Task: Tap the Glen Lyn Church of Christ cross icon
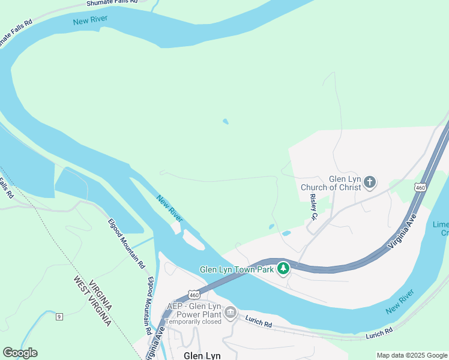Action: [x=370, y=182]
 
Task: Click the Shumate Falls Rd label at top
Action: [x=112, y=3]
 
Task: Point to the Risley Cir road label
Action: [x=313, y=206]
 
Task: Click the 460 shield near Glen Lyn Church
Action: [x=420, y=188]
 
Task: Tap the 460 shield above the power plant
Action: [x=193, y=295]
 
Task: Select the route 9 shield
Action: [x=59, y=316]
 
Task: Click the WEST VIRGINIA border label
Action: [x=90, y=301]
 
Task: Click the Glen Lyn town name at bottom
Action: [x=202, y=355]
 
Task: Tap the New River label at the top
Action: [x=90, y=21]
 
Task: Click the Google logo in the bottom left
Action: [x=20, y=353]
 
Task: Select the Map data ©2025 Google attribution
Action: [x=412, y=355]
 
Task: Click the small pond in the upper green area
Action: [x=226, y=121]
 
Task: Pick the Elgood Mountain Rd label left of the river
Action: [x=127, y=243]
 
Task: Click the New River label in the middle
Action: [x=169, y=208]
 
